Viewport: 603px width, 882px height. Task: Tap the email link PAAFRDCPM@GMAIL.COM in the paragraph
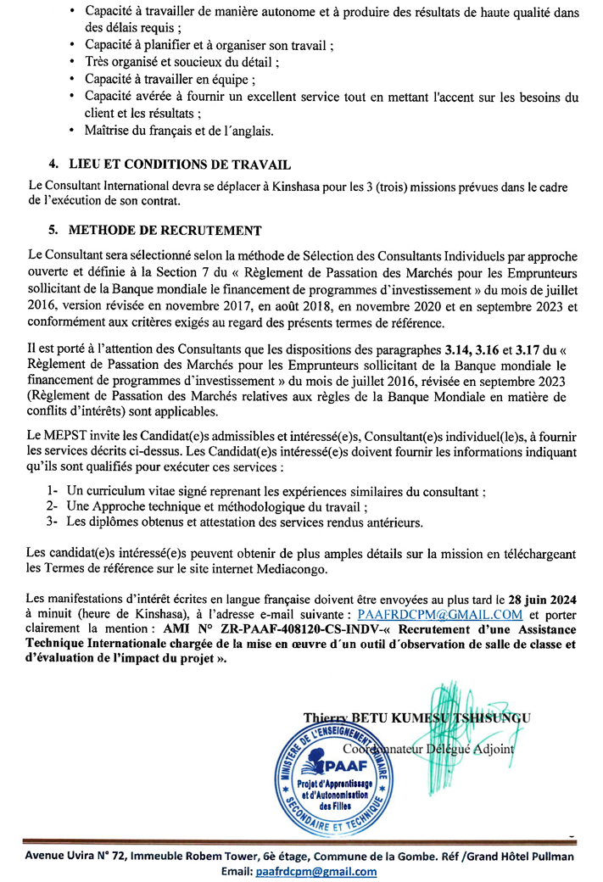pos(439,613)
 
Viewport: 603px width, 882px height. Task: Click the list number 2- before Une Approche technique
pos(51,506)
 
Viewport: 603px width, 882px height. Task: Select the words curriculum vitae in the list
pos(126,491)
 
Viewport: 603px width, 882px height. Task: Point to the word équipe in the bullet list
pos(229,79)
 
